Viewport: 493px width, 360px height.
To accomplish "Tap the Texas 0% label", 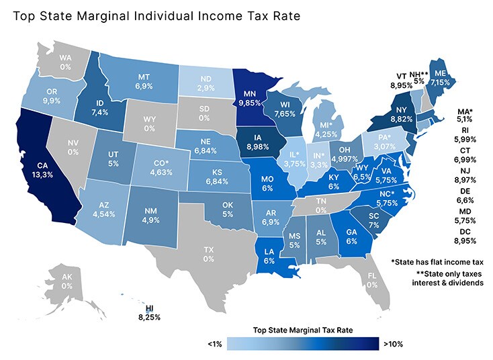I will [x=209, y=254].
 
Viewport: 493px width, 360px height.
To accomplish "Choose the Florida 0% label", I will [x=371, y=279].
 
